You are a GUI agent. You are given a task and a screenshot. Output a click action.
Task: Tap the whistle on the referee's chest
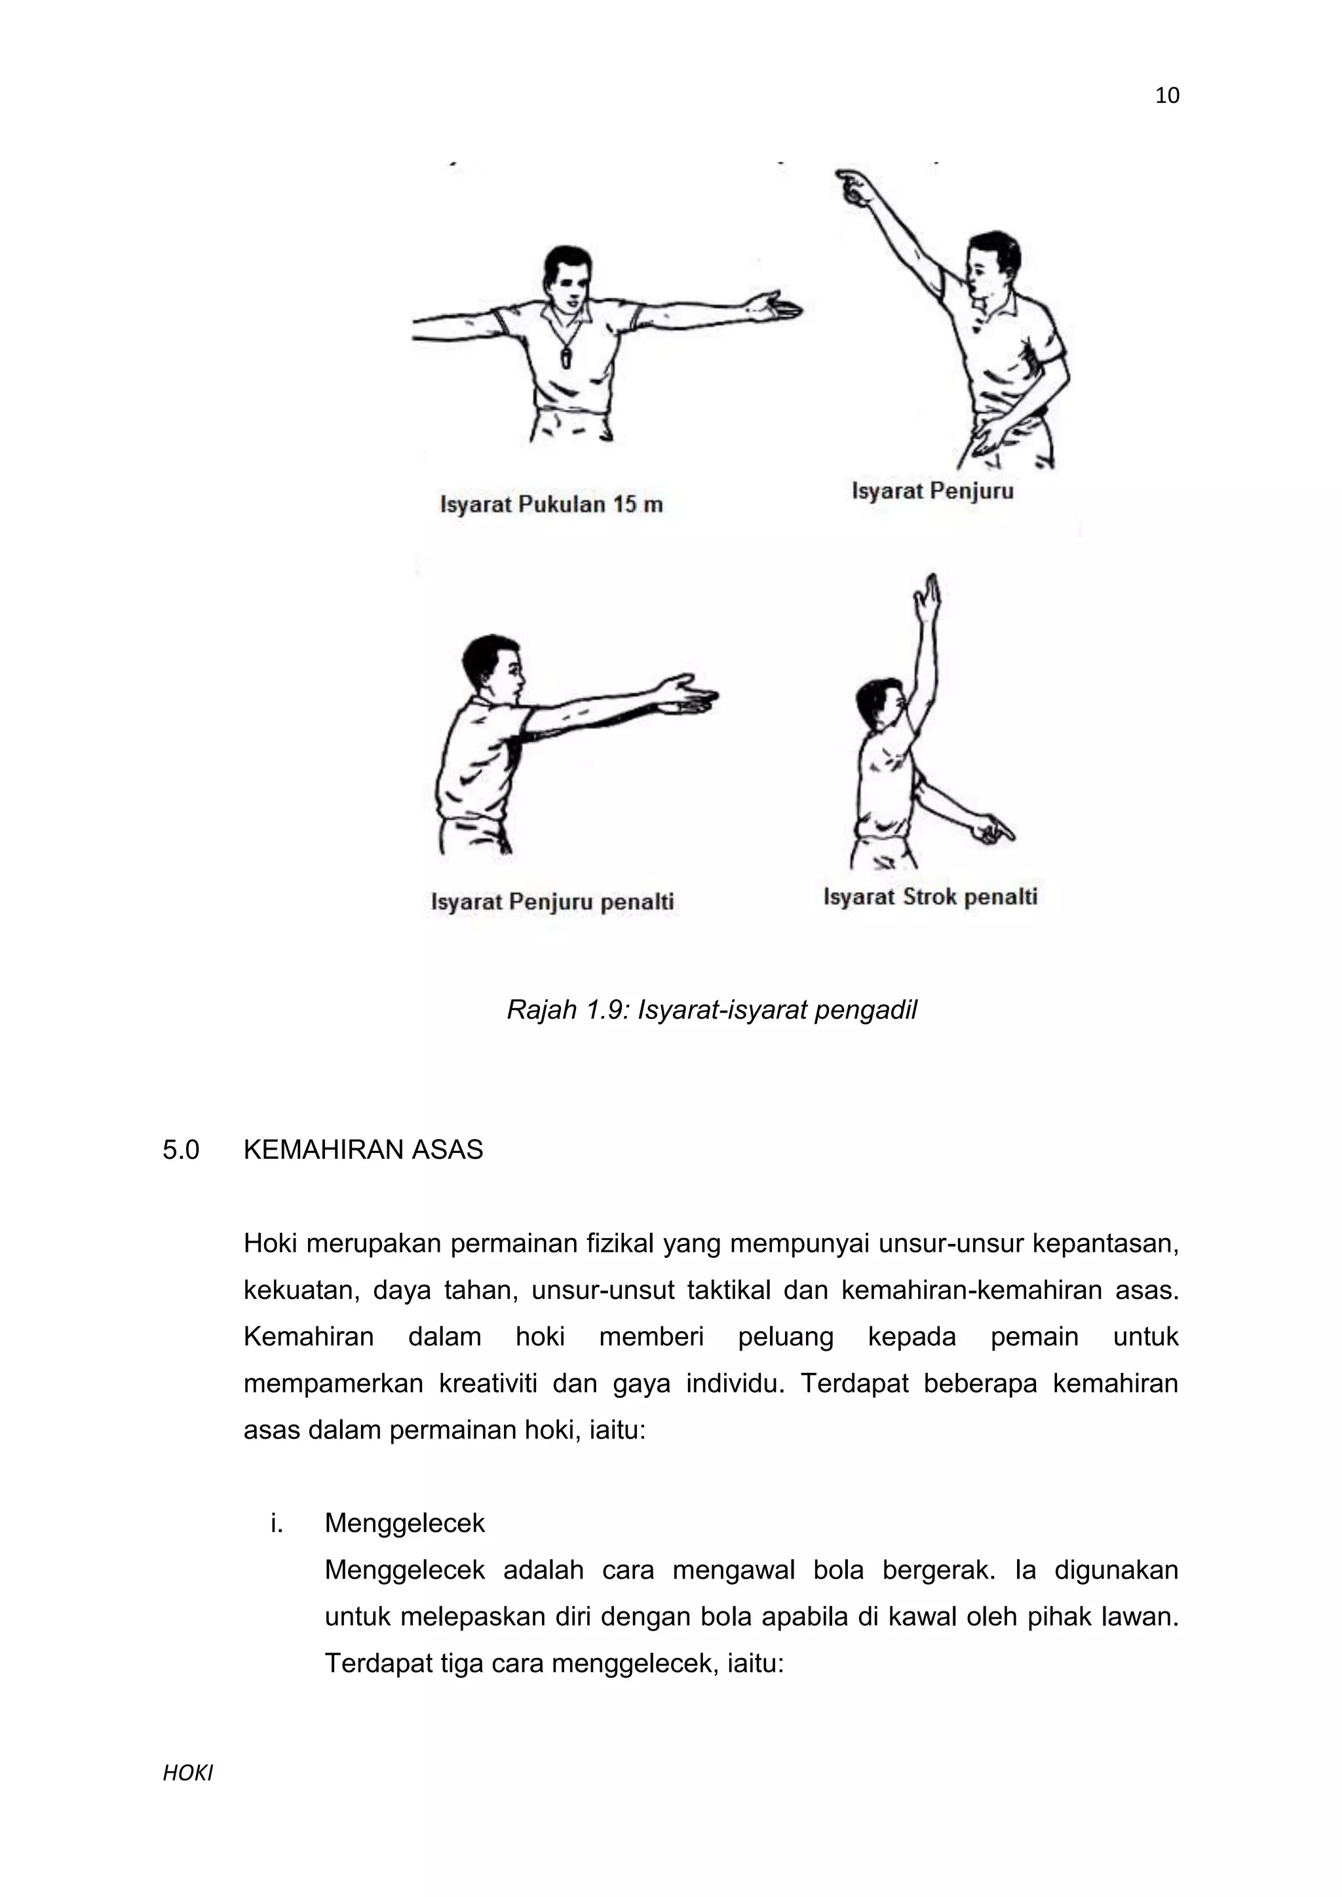566,358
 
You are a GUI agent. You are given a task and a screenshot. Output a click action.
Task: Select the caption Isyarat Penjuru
932,491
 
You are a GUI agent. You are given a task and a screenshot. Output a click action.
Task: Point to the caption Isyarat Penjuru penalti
552,901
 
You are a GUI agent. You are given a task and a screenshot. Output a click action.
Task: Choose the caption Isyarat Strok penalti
930,897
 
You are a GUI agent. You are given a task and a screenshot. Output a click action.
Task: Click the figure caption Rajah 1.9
711,1009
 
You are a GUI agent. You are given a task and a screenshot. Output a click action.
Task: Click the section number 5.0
181,1150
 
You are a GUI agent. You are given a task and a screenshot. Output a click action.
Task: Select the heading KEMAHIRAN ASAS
363,1150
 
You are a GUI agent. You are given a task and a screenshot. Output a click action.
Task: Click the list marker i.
276,1524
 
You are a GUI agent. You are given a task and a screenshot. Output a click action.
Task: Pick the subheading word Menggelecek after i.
404,1524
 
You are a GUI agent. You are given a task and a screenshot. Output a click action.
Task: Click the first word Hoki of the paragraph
269,1243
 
